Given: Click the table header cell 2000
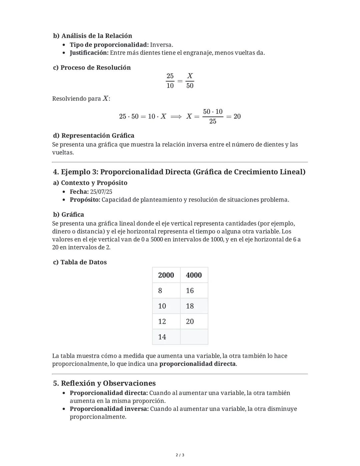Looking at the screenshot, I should (x=166, y=275).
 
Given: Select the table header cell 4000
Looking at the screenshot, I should (x=194, y=275).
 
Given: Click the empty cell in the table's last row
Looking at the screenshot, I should (x=194, y=337).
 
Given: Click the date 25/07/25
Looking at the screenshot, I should (x=101, y=192).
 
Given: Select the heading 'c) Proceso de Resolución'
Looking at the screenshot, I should (x=92, y=68).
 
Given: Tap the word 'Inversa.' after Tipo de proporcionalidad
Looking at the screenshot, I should (x=162, y=45).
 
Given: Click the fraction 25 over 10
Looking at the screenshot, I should (x=170, y=81).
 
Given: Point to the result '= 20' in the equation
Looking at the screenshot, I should (x=234, y=116).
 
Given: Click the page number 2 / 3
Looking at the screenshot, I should (x=180, y=455).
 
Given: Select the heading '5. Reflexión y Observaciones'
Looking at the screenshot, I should (x=104, y=383).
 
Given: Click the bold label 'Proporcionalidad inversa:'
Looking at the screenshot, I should (x=109, y=409).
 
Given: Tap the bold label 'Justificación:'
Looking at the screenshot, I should (x=89, y=53).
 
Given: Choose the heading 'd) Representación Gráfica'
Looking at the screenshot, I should (x=94, y=135).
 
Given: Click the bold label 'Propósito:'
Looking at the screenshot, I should (x=85, y=200).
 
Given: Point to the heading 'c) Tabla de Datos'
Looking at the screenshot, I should (x=80, y=262).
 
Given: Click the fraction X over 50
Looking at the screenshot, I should (x=190, y=81).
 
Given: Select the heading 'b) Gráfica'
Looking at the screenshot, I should (x=69, y=214).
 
